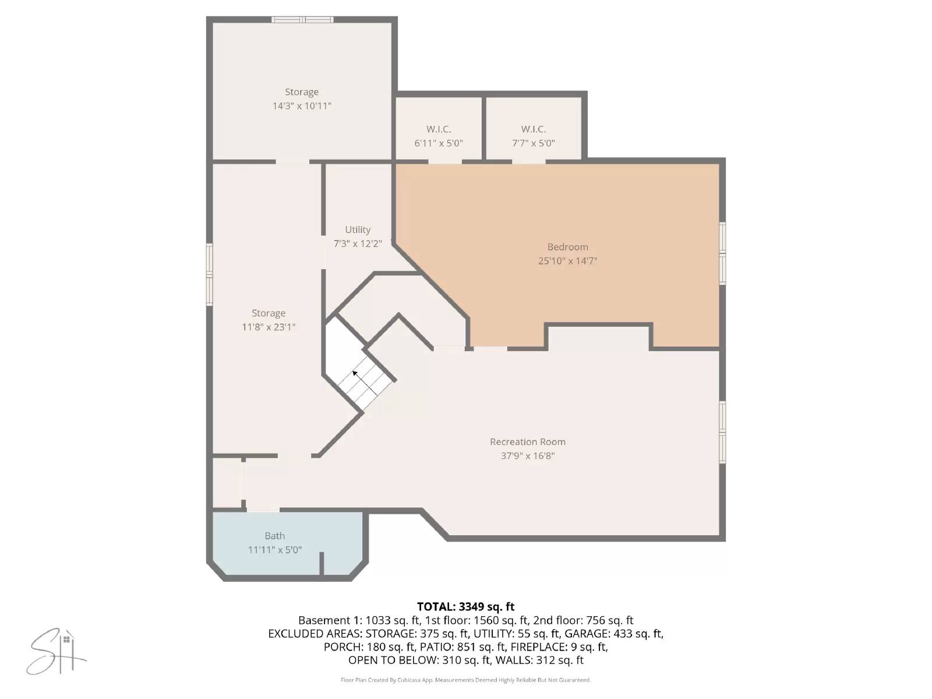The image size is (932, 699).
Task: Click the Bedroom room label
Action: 567,247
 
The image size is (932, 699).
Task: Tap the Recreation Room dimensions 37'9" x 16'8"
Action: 527,456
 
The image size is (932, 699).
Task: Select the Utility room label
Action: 357,230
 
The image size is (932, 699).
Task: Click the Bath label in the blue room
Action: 274,536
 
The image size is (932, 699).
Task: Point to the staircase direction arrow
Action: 355,373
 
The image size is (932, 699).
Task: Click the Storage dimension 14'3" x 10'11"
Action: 302,106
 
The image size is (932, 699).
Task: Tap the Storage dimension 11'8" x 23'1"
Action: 268,327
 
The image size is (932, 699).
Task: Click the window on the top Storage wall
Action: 302,20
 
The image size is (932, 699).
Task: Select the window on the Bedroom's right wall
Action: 722,253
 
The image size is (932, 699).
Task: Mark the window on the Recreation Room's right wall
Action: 722,432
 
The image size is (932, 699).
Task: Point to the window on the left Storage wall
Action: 210,274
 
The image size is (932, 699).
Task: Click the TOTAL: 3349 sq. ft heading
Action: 465,607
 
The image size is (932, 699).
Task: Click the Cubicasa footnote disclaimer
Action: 465,680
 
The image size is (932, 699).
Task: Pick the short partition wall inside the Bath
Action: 321,564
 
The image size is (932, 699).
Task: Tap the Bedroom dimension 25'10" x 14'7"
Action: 567,261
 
